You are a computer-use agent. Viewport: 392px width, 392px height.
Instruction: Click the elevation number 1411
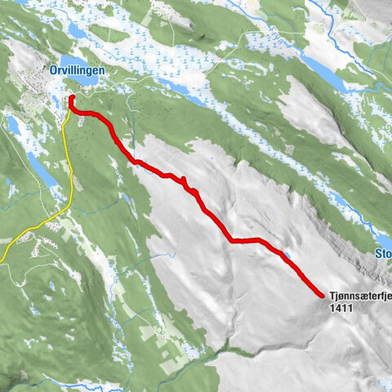pos(342,310)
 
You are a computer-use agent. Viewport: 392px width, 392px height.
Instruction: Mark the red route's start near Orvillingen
pos(72,99)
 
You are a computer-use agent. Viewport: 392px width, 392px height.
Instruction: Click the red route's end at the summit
pos(320,294)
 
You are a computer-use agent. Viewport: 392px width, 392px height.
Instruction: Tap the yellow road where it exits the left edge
pos(2,260)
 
